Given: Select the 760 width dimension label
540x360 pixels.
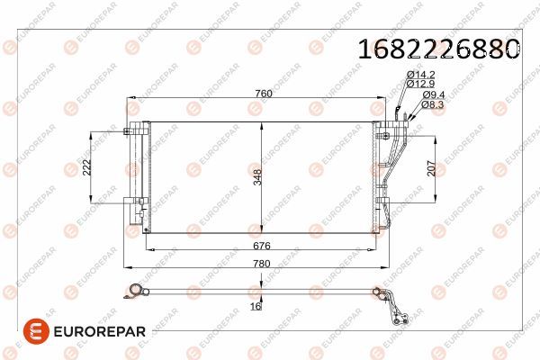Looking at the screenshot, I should click(262, 93).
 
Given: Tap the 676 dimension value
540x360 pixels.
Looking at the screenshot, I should click(262, 246).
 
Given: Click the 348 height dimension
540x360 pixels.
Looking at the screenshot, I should click(256, 176).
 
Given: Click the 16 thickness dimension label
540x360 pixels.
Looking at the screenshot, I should click(256, 307).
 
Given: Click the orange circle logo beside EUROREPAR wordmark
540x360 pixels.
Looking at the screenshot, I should click(34, 330).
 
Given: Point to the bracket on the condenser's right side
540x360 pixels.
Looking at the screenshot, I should click(386, 171).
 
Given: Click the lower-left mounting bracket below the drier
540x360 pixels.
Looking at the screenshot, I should click(141, 214).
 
